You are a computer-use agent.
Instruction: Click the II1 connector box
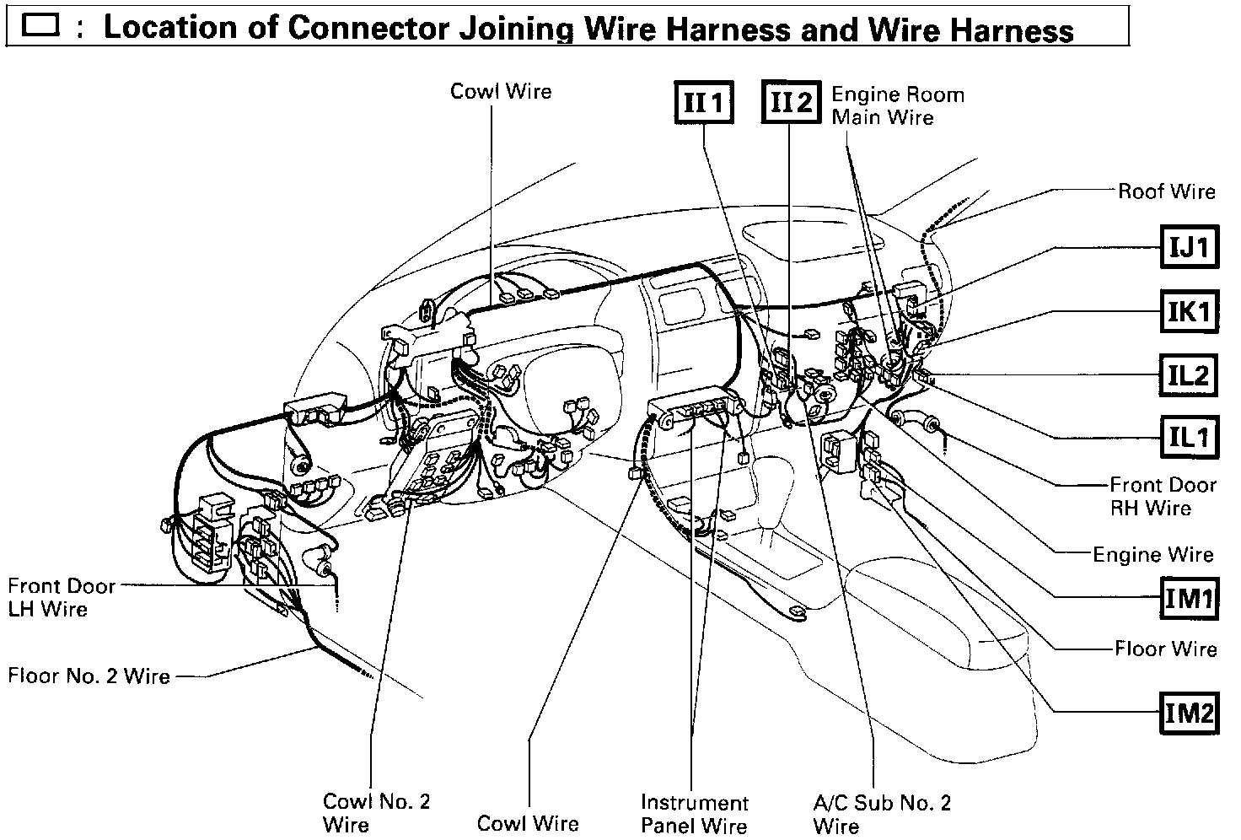pos(703,102)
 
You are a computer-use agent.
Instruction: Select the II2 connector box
pos(790,102)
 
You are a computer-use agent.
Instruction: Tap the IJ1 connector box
pos(1189,247)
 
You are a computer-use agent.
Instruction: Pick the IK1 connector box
pos(1189,312)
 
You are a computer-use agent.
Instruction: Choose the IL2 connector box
pos(1189,374)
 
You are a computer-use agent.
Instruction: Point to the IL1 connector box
pos(1189,436)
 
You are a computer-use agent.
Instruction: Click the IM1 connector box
pos(1189,598)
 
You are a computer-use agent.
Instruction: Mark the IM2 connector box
pos(1189,713)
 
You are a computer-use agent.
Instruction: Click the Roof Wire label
pos(1166,191)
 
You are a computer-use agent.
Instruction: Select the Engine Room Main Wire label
pos(897,105)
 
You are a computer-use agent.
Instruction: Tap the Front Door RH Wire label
pos(1162,496)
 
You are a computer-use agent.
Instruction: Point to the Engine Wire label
pos(1152,554)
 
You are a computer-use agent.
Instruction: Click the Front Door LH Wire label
pos(61,597)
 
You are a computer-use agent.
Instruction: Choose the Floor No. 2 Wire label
pos(89,676)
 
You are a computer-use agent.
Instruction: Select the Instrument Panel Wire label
pos(694,813)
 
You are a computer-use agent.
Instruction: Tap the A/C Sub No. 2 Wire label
pos(881,813)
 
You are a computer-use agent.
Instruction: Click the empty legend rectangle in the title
pos(40,26)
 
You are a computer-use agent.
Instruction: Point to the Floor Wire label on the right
pos(1165,649)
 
